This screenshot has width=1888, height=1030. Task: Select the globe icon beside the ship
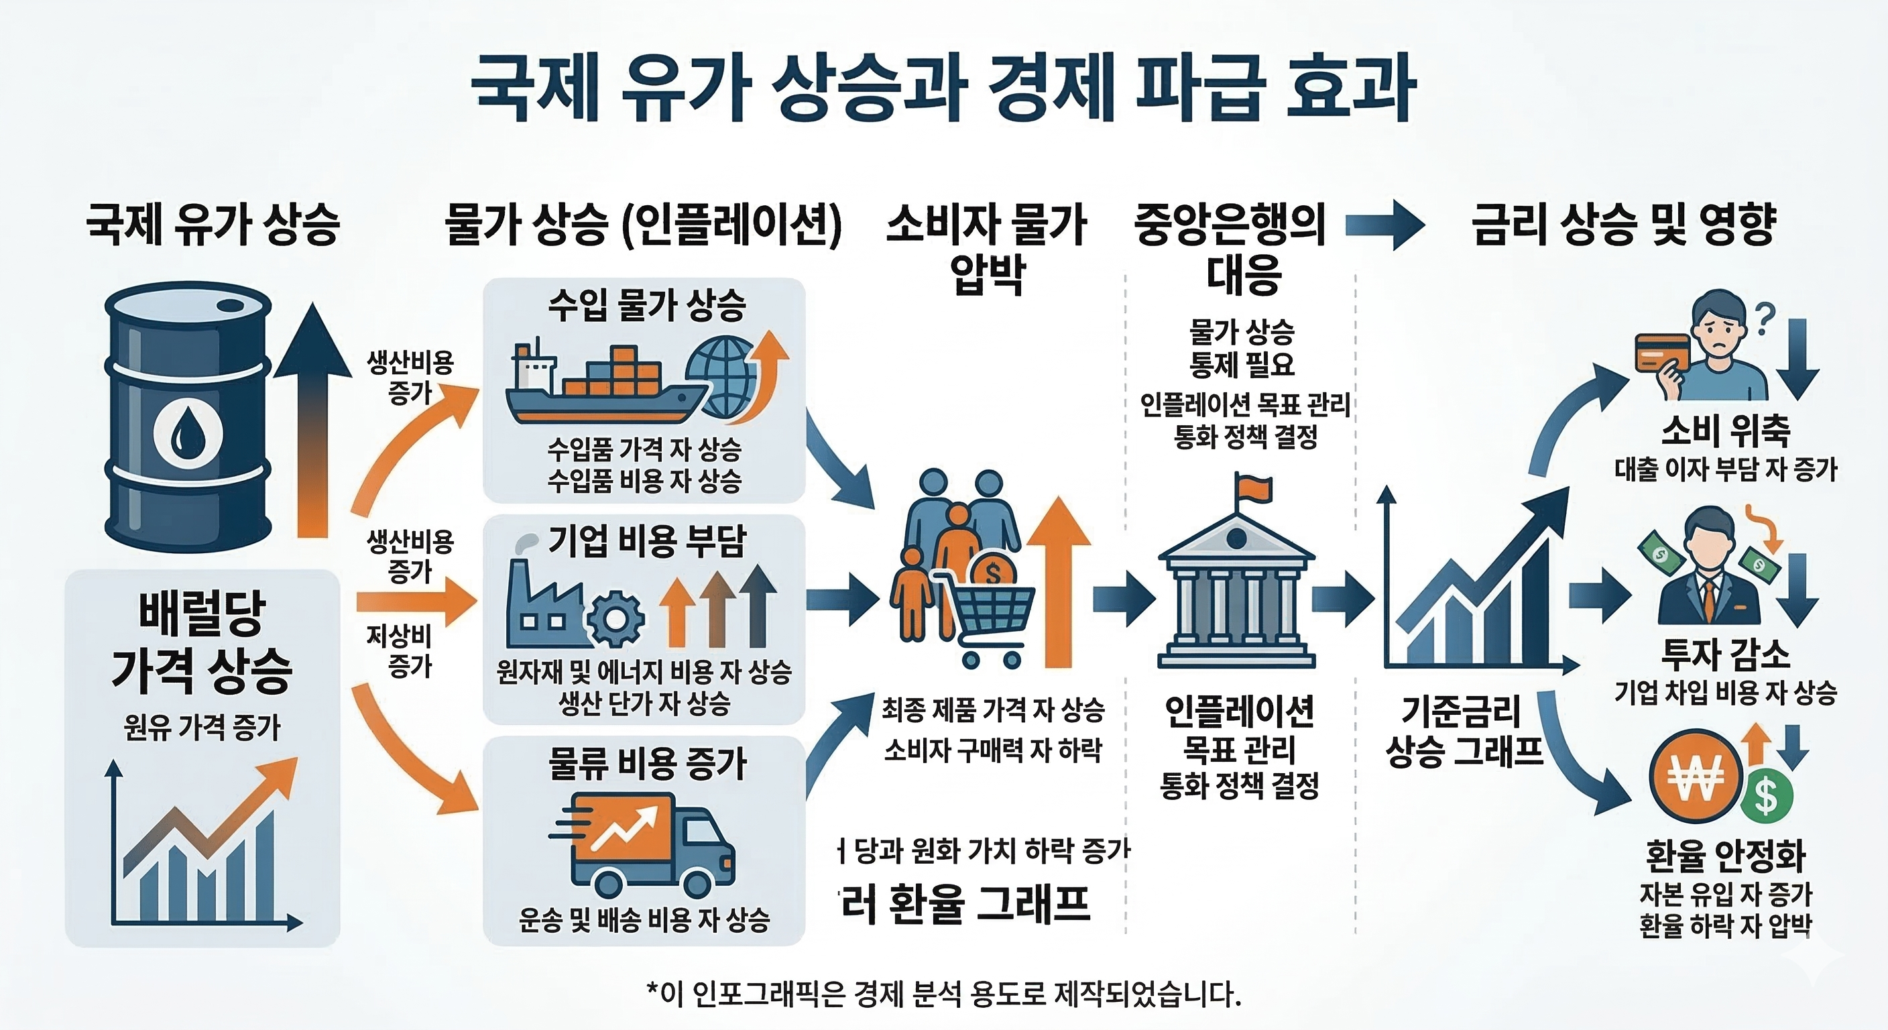click(722, 378)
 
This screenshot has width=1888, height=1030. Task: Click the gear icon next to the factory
click(615, 620)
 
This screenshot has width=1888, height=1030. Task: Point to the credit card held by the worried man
click(1662, 353)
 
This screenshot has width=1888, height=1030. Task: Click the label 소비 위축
click(1725, 431)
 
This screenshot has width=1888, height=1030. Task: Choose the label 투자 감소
click(1725, 654)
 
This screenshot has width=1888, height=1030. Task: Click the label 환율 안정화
click(1725, 855)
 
